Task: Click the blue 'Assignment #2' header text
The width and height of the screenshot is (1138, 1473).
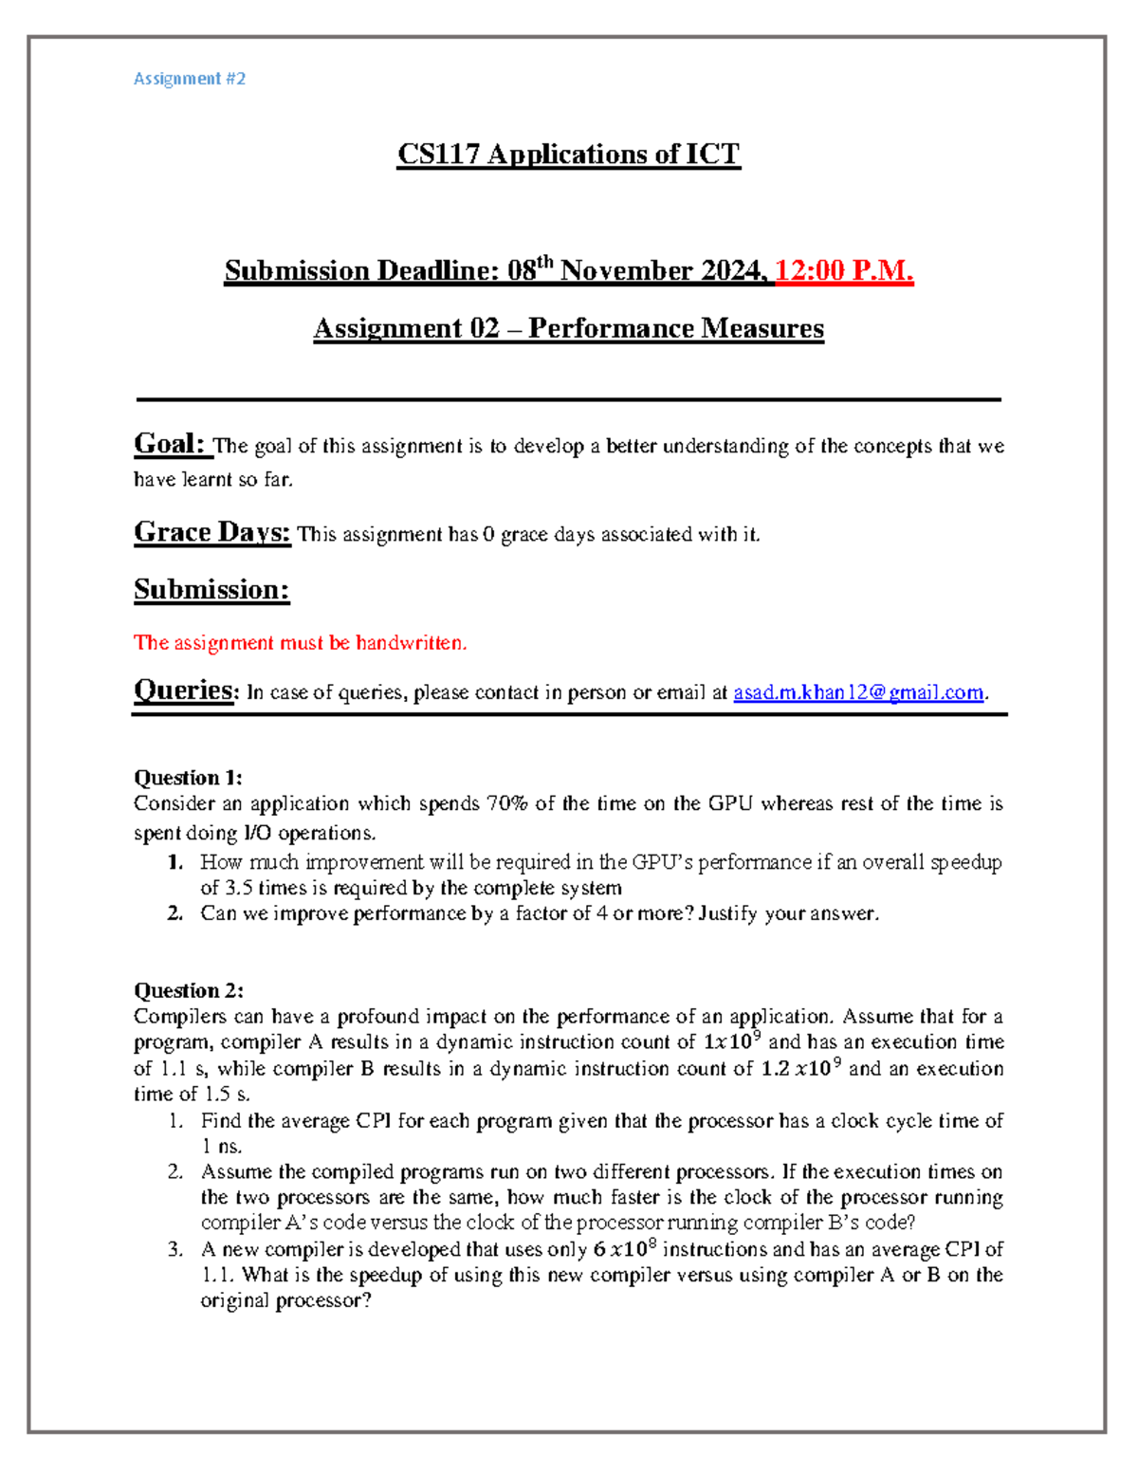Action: coord(190,79)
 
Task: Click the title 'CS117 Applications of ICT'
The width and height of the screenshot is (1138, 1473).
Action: coord(568,154)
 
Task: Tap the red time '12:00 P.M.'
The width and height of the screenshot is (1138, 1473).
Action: coord(844,271)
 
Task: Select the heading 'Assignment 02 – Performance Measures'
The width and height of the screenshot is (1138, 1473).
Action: coord(568,328)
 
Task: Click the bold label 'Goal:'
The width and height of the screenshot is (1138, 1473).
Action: coord(170,444)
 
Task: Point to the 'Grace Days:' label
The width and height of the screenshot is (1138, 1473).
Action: coord(211,532)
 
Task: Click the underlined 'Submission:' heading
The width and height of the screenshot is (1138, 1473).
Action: coord(211,589)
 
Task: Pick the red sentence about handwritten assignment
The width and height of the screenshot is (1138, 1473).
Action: coord(300,643)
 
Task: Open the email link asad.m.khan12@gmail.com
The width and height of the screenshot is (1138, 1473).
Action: coord(858,692)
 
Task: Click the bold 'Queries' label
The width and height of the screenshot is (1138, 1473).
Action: coord(184,690)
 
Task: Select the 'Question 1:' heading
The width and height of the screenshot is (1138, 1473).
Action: coord(188,778)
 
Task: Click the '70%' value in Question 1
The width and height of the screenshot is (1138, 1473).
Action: coord(506,803)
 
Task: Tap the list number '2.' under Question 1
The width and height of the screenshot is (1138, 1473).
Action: coord(174,913)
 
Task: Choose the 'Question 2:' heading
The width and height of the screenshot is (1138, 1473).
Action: coord(188,990)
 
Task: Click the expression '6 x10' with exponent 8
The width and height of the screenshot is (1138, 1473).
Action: coord(626,1249)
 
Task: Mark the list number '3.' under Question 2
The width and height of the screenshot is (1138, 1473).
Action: coord(175,1249)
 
